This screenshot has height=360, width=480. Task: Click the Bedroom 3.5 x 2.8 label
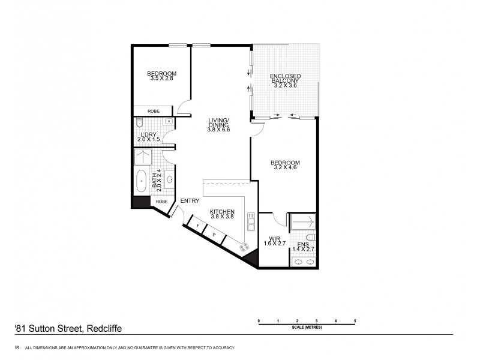161,76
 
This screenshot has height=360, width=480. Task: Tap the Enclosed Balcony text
286,81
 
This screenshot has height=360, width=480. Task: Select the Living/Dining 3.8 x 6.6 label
218,124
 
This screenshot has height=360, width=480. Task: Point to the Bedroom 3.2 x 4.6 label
285,165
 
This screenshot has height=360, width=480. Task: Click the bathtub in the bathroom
142,181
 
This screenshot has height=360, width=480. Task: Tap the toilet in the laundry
139,123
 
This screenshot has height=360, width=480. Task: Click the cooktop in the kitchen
244,247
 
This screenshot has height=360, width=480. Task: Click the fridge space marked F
198,225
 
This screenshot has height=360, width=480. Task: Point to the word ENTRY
190,201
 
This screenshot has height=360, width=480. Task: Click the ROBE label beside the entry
161,202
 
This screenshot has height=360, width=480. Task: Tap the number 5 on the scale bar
355,321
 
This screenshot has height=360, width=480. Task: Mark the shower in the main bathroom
142,157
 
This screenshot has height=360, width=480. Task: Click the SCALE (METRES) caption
306,327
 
